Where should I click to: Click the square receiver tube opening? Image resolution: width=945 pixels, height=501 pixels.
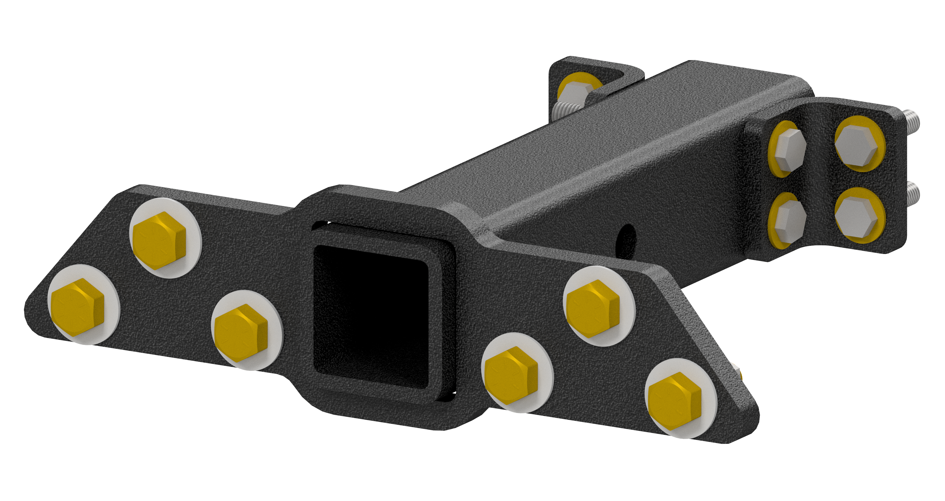pyautogui.click(x=371, y=316)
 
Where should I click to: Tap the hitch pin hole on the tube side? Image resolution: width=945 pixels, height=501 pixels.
pyautogui.click(x=628, y=239)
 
